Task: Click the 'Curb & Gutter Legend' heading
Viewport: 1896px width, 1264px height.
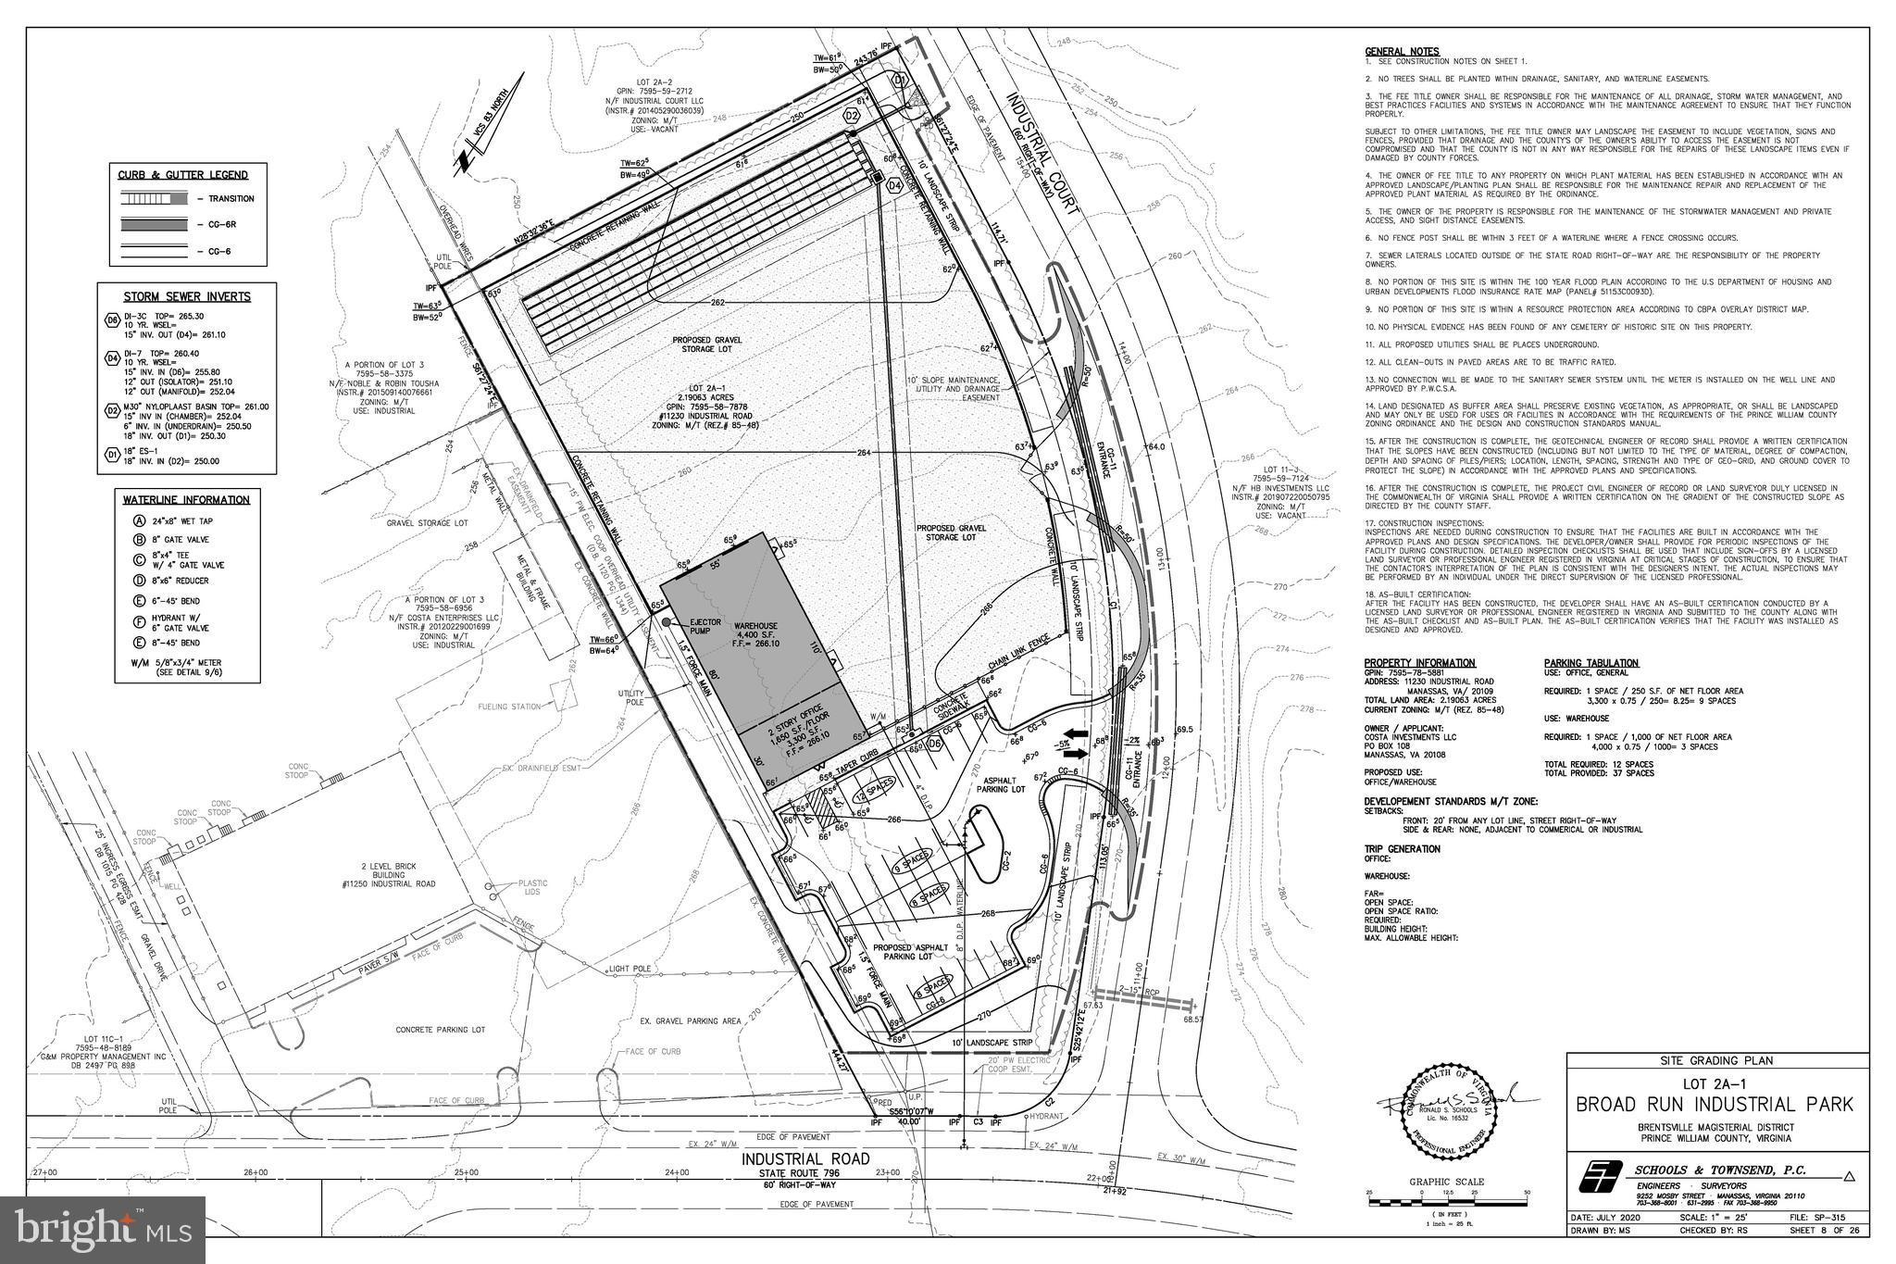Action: [182, 175]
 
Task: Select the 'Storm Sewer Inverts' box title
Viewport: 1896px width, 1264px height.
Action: [187, 296]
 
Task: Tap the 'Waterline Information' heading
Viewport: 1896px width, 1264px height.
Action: [186, 500]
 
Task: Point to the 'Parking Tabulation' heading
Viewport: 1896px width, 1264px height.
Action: [1591, 663]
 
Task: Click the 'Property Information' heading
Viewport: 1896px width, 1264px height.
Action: [1419, 663]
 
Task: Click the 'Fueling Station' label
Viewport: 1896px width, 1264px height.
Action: [509, 707]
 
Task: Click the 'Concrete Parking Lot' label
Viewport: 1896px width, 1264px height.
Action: [440, 1029]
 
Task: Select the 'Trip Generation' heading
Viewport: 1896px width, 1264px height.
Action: [1402, 848]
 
